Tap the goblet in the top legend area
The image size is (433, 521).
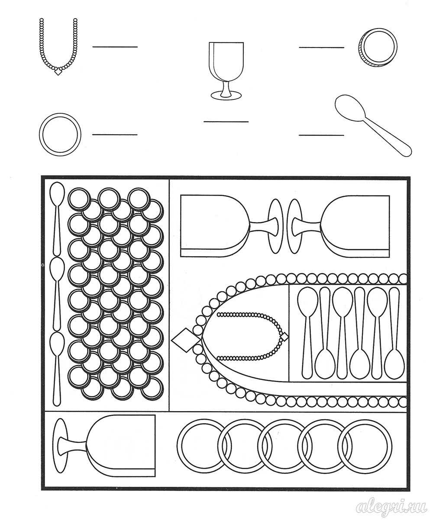click(x=226, y=71)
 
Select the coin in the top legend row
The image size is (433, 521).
click(x=378, y=47)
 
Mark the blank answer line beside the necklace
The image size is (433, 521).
click(x=115, y=47)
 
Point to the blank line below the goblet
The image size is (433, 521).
click(x=226, y=122)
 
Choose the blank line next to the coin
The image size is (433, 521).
click(x=321, y=47)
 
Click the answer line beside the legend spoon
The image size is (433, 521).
click(x=321, y=135)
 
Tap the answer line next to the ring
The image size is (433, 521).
click(x=115, y=135)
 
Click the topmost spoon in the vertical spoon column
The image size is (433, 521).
click(x=57, y=219)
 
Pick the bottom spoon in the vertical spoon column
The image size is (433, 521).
click(x=57, y=369)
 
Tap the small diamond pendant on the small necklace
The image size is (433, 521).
click(x=284, y=337)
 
